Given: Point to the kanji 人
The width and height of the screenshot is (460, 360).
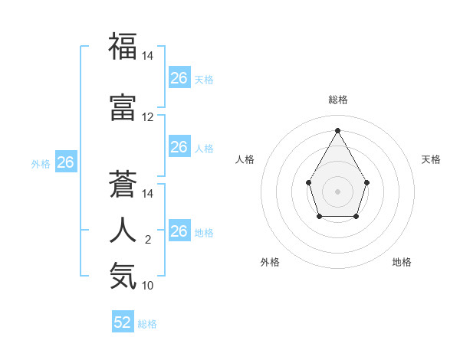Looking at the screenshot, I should pyautogui.click(x=123, y=231).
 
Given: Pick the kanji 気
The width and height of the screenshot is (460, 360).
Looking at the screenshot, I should pyautogui.click(x=123, y=276).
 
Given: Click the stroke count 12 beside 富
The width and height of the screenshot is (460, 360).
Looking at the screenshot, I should pyautogui.click(x=148, y=117).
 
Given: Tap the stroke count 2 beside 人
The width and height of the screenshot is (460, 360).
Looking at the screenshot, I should pyautogui.click(x=148, y=241).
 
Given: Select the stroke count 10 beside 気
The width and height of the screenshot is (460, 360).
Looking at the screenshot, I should pyautogui.click(x=148, y=286).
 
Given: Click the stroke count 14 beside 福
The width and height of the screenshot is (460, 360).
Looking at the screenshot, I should pyautogui.click(x=148, y=56).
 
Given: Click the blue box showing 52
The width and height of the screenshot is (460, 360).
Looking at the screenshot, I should pyautogui.click(x=123, y=322).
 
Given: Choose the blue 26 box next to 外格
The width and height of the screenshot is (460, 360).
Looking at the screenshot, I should pyautogui.click(x=65, y=162).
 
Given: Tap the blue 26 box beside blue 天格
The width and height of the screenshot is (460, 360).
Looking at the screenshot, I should pyautogui.click(x=179, y=78).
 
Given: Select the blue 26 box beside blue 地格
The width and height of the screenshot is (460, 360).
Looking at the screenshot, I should pyautogui.click(x=179, y=231).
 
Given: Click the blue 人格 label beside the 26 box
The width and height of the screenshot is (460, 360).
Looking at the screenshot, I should pyautogui.click(x=204, y=149).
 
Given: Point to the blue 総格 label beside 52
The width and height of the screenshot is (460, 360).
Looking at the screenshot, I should pyautogui.click(x=147, y=324).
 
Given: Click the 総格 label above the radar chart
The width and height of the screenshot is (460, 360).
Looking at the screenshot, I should pyautogui.click(x=337, y=100).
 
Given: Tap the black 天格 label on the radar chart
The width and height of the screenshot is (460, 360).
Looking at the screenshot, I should pyautogui.click(x=431, y=159).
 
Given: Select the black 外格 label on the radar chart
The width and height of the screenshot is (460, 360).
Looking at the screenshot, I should pyautogui.click(x=270, y=262).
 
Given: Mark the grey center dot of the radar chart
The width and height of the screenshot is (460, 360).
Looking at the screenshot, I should pyautogui.click(x=337, y=191).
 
